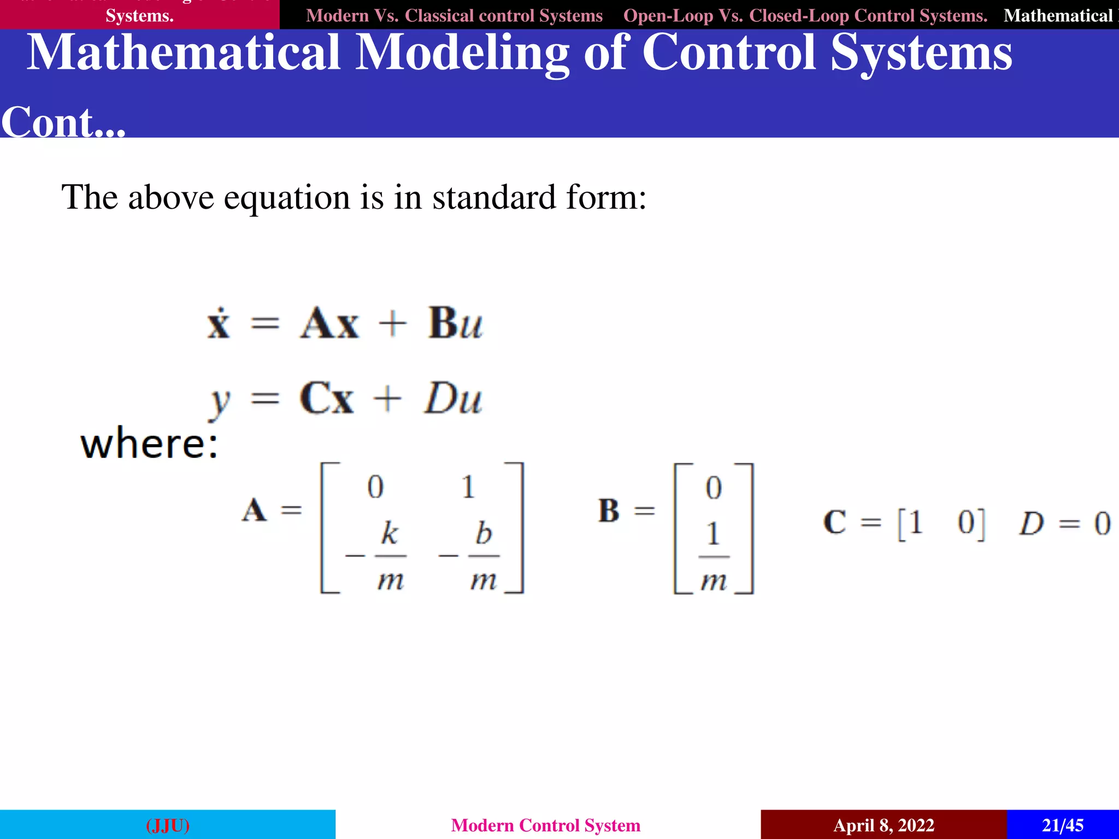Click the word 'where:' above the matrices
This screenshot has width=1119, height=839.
[149, 444]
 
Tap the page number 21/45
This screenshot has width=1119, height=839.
[1062, 825]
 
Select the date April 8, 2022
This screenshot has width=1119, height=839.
[884, 825]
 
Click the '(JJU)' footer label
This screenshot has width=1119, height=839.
[168, 825]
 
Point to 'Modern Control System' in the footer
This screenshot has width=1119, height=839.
[545, 825]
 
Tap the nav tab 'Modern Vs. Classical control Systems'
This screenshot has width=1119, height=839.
[454, 15]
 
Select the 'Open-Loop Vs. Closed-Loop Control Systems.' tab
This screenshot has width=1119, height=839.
[805, 15]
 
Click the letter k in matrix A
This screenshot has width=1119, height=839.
[390, 533]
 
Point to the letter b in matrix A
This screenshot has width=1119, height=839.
[484, 533]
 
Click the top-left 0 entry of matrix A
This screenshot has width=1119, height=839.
[375, 487]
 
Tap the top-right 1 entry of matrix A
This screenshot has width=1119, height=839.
[468, 487]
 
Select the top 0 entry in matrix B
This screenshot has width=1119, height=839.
[714, 488]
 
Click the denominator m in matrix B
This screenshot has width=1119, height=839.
[714, 581]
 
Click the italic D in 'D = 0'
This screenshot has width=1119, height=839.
[1031, 523]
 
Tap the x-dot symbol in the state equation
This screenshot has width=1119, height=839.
[219, 323]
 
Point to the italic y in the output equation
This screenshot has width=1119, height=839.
[220, 401]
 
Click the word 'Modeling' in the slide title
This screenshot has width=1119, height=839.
[462, 52]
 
